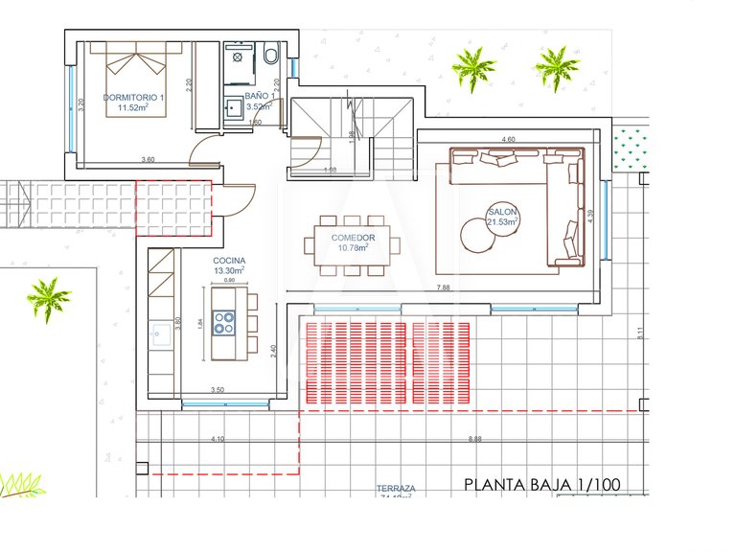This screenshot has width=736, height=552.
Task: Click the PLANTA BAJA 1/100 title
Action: pos(541,485)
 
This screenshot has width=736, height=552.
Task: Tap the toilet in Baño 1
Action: pos(271,57)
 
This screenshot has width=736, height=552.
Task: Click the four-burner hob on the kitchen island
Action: pos(224,323)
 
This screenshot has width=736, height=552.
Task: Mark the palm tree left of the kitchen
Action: pos(48,299)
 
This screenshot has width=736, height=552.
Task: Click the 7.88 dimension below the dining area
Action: pos(443,287)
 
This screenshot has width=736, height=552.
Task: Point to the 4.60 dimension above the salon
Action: pos(510,140)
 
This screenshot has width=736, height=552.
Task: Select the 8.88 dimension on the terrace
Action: pos(474,439)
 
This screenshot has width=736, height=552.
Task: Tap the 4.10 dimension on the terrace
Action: pos(217,439)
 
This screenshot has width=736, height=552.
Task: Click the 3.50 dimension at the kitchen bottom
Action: pos(217,391)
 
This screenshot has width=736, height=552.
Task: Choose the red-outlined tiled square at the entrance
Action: pos(173,208)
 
